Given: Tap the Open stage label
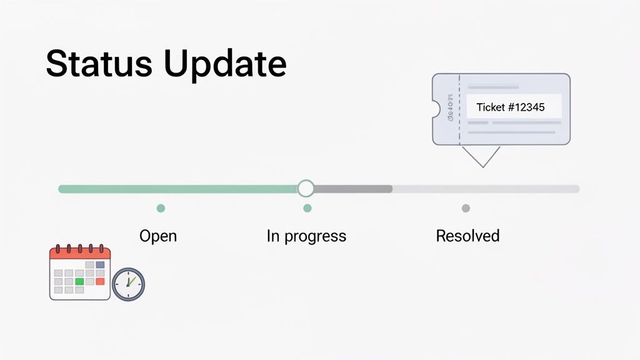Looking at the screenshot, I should point(158,236).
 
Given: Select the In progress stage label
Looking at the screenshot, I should point(306,236).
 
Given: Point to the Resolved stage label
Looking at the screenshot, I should point(467,236).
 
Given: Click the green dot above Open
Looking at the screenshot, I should point(161,208).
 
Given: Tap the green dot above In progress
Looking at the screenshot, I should point(307,208).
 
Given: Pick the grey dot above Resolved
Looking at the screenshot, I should point(466,208).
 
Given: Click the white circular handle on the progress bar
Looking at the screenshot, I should point(306,188).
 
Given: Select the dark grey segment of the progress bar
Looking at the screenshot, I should point(353,188).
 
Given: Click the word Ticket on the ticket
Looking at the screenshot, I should point(490,107).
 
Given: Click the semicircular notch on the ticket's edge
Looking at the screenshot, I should point(436,110).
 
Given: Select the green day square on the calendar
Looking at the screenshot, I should point(79,282).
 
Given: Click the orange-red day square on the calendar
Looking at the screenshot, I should point(100,282).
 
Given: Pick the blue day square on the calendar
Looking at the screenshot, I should point(100,264).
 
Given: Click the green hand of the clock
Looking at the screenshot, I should point(130,280).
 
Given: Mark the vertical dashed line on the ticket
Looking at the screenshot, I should point(459,109).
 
